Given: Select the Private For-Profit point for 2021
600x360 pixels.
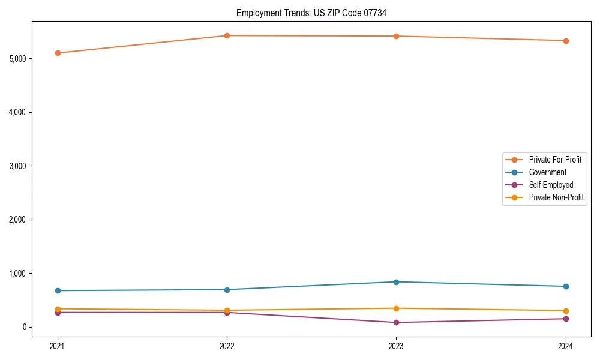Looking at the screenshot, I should [58, 53].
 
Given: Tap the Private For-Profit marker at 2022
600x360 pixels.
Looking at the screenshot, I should [227, 35].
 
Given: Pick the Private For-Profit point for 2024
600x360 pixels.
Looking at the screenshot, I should [566, 41].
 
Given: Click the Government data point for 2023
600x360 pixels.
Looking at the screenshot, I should [397, 282].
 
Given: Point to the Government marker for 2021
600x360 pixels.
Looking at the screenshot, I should [58, 290].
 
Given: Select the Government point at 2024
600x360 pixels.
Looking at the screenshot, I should [566, 286].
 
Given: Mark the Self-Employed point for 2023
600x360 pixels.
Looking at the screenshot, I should [397, 322].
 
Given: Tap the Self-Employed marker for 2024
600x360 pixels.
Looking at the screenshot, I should [566, 319].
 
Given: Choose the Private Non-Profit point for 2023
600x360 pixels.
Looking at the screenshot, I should [397, 308].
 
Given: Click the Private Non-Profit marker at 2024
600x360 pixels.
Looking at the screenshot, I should [566, 311].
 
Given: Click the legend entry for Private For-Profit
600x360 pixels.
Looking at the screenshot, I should [554, 160].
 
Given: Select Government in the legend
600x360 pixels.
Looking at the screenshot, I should [547, 172].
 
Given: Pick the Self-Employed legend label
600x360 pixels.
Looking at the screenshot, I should [551, 185].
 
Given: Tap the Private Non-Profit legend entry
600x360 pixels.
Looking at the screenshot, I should [556, 197].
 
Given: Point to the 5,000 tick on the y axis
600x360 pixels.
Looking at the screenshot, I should [19, 59].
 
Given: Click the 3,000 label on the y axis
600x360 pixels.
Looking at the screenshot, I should [19, 166].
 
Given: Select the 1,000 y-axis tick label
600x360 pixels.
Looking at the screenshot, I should [19, 274].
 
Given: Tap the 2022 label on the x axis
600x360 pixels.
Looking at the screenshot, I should [227, 346].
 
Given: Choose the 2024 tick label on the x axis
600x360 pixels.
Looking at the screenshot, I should [566, 346].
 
